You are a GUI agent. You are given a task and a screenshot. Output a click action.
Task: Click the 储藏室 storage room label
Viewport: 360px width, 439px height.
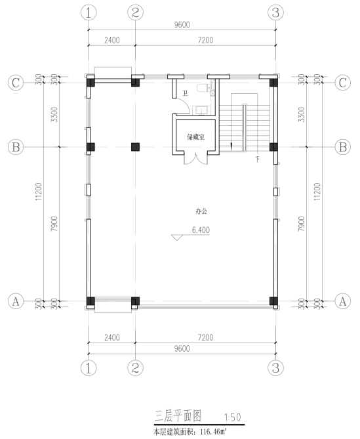tap(196, 137)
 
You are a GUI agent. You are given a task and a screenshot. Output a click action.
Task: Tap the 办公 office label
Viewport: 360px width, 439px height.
tap(201, 211)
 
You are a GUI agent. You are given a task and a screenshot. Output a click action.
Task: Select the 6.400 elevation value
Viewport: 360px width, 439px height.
tap(201, 230)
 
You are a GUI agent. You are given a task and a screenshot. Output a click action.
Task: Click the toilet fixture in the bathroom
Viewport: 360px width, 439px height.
tap(203, 88)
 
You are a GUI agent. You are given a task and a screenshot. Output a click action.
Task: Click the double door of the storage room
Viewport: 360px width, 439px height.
tap(196, 158)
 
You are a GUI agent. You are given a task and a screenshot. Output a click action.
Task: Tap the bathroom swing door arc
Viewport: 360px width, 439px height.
tap(185, 104)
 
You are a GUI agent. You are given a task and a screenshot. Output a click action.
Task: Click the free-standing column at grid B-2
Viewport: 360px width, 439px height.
tap(135, 147)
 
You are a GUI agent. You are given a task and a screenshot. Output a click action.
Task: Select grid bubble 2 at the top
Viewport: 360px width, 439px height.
tap(135, 12)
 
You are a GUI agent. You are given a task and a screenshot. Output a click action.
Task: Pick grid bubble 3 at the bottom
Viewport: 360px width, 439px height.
tap(276, 367)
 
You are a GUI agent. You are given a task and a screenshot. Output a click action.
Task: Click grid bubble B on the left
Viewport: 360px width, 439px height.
tap(16, 147)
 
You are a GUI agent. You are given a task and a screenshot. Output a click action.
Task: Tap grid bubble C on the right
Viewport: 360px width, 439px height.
tap(343, 83)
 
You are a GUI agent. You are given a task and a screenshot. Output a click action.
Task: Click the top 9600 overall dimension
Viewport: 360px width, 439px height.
tap(182, 25)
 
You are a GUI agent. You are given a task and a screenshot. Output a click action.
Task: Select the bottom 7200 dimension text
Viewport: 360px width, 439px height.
tap(206, 337)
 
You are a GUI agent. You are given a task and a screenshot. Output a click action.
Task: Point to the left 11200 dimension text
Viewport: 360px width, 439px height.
tap(38, 192)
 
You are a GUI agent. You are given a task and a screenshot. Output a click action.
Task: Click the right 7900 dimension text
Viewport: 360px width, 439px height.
tap(301, 224)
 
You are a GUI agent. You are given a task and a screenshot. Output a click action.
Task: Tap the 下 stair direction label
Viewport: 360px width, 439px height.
tap(257, 159)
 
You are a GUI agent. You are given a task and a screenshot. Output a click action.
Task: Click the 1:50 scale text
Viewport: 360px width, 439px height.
tap(233, 417)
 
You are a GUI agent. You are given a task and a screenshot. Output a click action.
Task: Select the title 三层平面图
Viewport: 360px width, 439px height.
tap(178, 416)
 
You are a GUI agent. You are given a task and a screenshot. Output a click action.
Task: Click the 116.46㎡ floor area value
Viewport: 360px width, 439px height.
tap(213, 432)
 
